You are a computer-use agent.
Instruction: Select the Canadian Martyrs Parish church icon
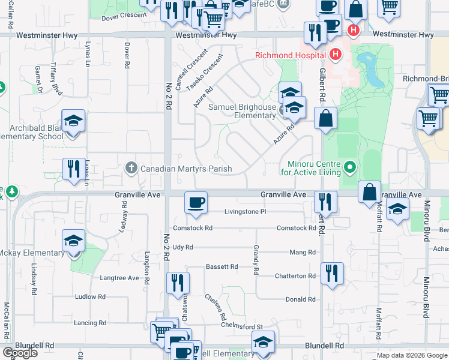(131, 169)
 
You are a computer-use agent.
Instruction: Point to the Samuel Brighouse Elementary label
(242, 112)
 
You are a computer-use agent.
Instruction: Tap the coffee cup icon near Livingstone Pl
(195, 203)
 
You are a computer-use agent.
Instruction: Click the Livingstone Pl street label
(245, 212)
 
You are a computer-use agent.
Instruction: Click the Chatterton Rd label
(295, 276)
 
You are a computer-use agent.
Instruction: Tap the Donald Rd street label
(300, 299)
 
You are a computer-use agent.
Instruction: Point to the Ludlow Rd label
(90, 297)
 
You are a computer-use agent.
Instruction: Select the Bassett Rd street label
(222, 266)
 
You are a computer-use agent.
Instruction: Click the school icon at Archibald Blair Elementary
(73, 121)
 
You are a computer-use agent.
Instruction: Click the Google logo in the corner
(20, 353)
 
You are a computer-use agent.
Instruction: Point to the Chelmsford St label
(243, 326)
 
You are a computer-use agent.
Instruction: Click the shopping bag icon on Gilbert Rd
(325, 118)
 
